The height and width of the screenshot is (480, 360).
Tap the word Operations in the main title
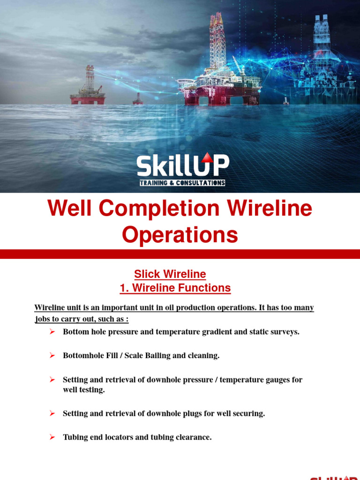click(x=180, y=235)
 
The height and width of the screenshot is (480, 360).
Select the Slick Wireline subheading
click(x=170, y=274)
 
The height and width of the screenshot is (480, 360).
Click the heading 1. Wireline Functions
click(x=175, y=288)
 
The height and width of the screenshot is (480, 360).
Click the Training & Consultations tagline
click(x=182, y=183)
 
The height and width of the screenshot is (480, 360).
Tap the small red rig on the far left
click(x=88, y=89)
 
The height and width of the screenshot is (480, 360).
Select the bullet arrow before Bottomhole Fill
click(x=52, y=355)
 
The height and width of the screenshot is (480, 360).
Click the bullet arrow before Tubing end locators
click(x=52, y=437)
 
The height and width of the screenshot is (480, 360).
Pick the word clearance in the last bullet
click(x=192, y=437)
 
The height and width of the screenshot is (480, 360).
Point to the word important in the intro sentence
click(x=112, y=308)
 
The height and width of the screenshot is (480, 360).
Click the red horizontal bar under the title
click(x=180, y=254)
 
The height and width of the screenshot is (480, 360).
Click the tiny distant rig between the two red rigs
click(x=138, y=99)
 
